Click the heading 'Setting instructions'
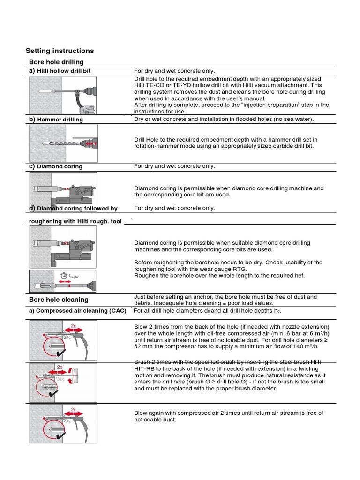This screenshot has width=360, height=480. pos(60,51)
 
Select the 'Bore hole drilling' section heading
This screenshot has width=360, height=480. pos(56,62)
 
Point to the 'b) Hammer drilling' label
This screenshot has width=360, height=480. pos(56,120)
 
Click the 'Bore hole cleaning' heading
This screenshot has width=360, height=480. pos(59,300)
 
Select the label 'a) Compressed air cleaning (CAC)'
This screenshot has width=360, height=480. pos(77,311)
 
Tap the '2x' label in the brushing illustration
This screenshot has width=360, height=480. pos(60,367)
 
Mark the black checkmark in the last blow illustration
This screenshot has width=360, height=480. pos(60,435)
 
